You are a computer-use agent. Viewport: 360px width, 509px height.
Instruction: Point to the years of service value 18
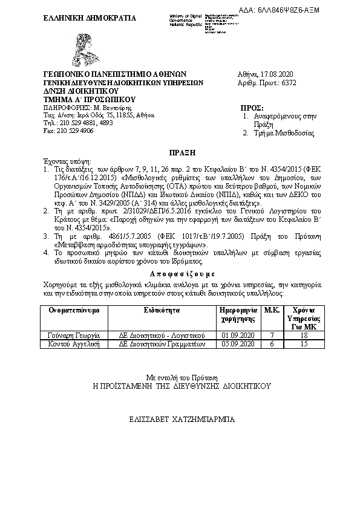tap(305, 335)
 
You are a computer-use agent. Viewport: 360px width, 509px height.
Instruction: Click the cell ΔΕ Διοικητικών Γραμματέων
tap(162, 343)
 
